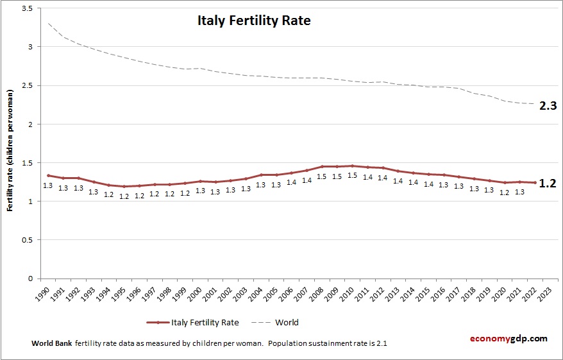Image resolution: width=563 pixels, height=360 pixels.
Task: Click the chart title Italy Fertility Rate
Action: click(x=253, y=21)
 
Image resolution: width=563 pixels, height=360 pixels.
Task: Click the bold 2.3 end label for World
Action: click(x=548, y=106)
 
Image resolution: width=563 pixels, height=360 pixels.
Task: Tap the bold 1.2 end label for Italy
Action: click(x=548, y=183)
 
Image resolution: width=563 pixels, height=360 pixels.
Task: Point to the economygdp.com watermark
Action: click(x=508, y=338)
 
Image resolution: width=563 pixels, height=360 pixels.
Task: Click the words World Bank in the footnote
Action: click(x=51, y=343)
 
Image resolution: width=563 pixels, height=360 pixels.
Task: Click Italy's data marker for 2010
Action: click(x=352, y=166)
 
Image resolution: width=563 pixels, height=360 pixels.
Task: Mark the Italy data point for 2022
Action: click(x=535, y=182)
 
